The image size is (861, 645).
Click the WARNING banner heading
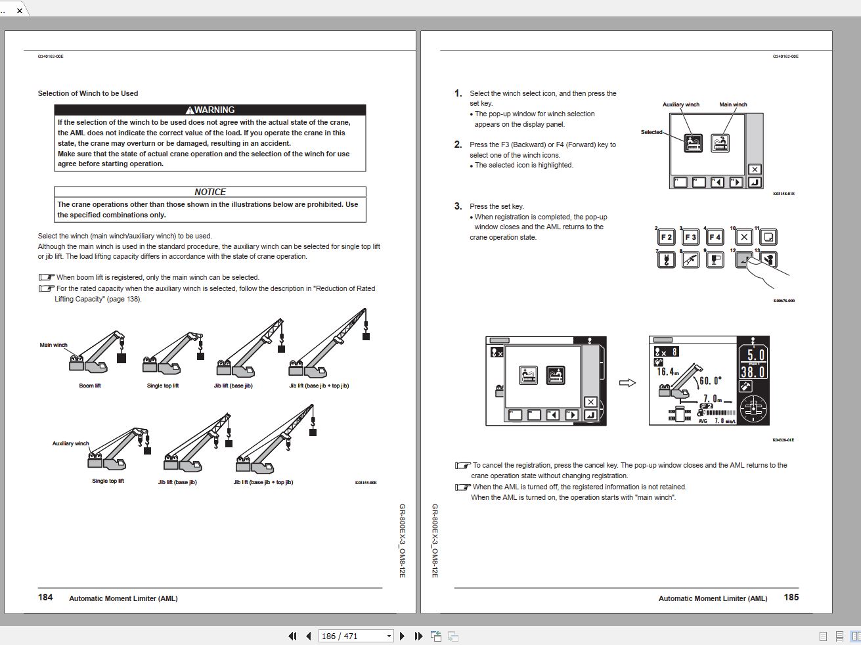210,110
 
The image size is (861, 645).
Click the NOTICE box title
210,192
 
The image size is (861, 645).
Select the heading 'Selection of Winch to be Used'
88,93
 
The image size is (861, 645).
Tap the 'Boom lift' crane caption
90,386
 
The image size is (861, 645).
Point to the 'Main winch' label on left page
53,345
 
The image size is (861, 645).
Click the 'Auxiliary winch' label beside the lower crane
70,443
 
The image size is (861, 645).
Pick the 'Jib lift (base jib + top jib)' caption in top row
319,386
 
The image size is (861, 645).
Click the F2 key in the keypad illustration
666,237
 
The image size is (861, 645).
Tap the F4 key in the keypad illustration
715,237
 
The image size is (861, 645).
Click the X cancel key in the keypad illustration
743,237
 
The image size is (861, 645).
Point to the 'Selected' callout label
651,132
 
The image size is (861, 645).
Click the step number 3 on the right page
458,206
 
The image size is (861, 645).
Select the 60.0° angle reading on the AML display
710,380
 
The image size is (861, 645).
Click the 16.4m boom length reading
667,372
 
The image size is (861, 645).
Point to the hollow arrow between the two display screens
627,383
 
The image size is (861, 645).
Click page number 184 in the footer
45,597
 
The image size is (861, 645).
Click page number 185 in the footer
791,597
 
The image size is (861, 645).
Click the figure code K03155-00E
366,483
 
